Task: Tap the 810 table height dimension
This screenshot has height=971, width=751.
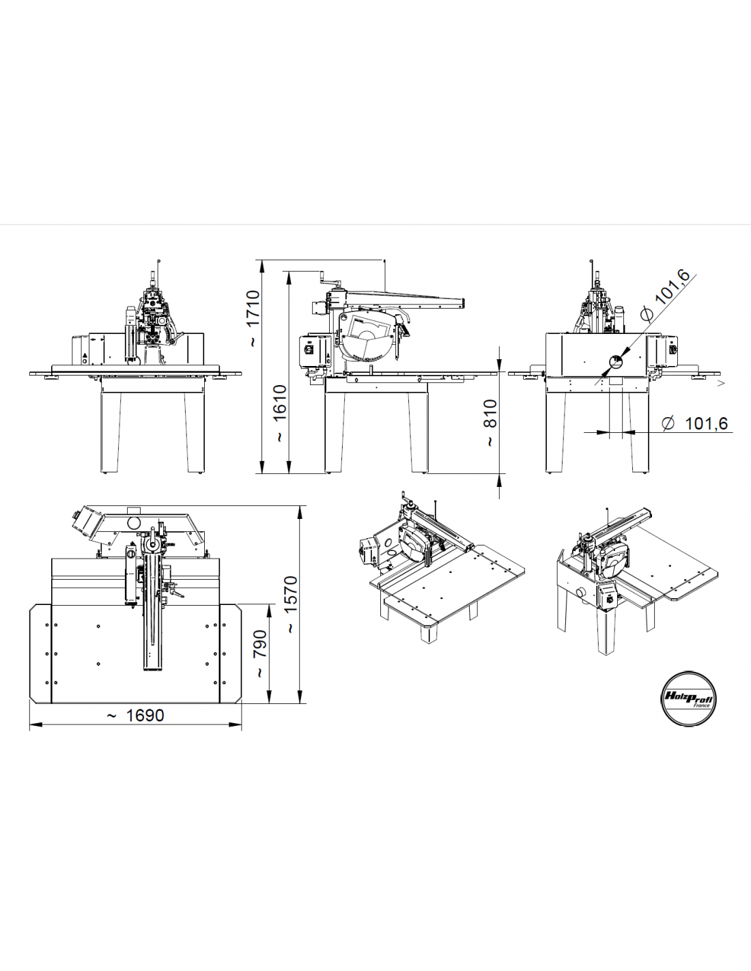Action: pos(490,423)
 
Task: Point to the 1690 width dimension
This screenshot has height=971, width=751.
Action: pos(135,715)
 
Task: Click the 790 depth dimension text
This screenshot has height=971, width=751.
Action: pos(260,653)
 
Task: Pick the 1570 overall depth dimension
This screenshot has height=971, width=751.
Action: pos(291,604)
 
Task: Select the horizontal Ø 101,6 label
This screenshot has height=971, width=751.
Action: pos(696,424)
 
